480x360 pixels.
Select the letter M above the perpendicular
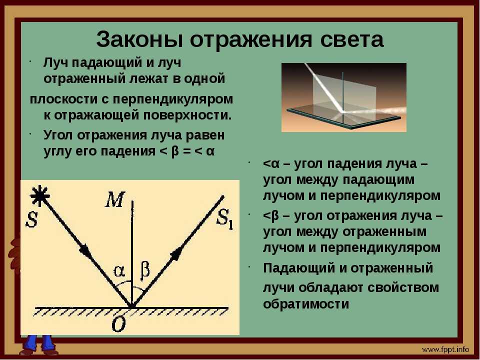115,199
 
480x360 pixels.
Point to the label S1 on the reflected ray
225,219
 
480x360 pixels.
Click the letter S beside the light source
32,219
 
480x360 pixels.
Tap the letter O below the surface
119,324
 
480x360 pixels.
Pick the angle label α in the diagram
119,271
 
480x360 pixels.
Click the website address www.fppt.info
445,349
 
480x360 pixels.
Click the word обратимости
306,304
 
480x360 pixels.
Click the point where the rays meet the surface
132,306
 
